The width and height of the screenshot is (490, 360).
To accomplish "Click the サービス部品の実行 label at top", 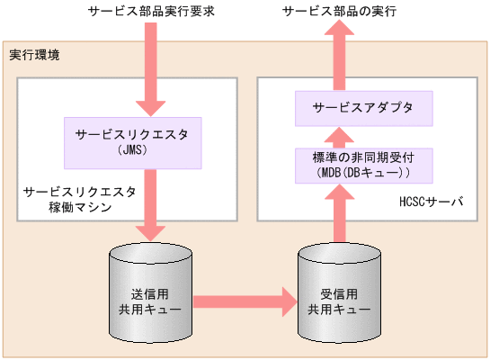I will pyautogui.click(x=339, y=12).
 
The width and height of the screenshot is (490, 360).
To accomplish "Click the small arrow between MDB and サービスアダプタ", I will pyautogui.click(x=339, y=136).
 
